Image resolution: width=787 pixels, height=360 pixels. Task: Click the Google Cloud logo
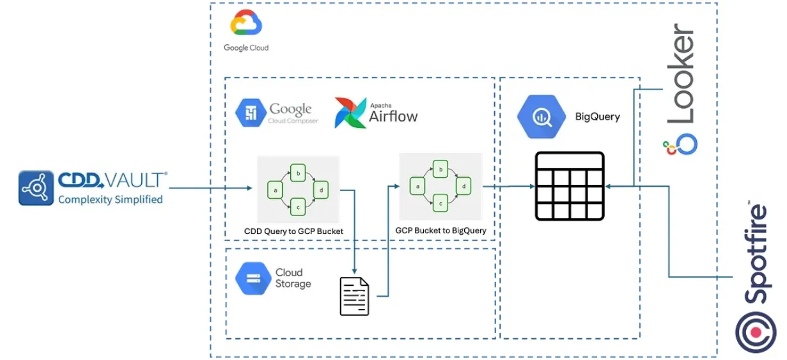click(x=246, y=24)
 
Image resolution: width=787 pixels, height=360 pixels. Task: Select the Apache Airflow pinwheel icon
click(x=350, y=113)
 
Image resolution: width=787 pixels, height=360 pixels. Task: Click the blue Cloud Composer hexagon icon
click(x=251, y=113)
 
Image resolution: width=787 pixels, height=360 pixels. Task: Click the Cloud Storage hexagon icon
click(x=253, y=278)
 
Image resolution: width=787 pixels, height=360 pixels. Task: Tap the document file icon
click(x=354, y=296)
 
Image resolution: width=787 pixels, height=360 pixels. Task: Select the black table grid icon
click(x=570, y=186)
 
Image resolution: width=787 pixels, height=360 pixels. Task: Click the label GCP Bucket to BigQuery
click(x=441, y=230)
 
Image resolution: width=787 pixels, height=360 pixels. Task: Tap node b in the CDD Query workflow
click(x=297, y=172)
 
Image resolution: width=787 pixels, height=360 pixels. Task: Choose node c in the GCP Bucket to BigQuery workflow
click(x=440, y=203)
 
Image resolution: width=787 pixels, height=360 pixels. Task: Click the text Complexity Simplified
click(x=110, y=200)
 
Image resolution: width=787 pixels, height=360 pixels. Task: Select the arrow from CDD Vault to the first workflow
click(x=211, y=188)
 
